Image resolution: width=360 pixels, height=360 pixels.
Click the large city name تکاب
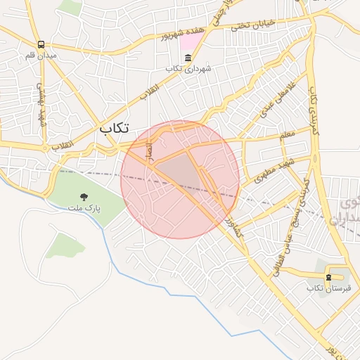point(115,129)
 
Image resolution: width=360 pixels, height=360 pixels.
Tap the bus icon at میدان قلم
point(41,45)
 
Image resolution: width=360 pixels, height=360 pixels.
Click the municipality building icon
point(187,58)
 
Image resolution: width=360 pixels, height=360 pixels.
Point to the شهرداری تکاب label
point(184,68)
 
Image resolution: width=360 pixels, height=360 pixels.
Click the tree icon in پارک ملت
point(84,198)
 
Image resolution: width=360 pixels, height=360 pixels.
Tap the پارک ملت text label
point(85,208)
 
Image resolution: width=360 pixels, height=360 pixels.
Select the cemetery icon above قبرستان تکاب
point(329,277)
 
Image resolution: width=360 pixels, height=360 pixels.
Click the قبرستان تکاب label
point(324,288)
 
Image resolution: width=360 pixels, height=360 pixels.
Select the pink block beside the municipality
point(190,41)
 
